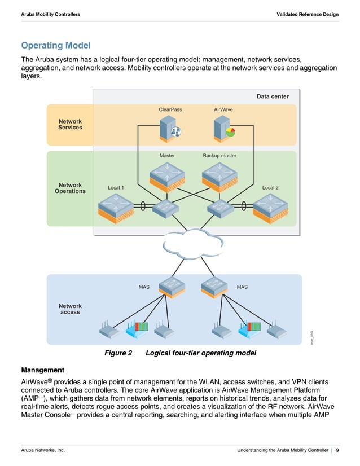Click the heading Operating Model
pos(55,45)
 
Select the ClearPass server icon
pos(169,129)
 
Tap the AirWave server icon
pos(223,129)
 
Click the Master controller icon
pos(167,176)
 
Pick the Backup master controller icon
pos(219,176)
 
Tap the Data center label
pos(273,96)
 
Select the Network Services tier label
pos(70,124)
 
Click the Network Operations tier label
pos(70,188)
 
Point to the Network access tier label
pos(70,309)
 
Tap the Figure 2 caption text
pos(181,353)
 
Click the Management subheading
pos(43,370)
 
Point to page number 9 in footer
pos(337,450)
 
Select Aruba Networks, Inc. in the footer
pos(43,450)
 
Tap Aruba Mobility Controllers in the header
pos(50,14)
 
